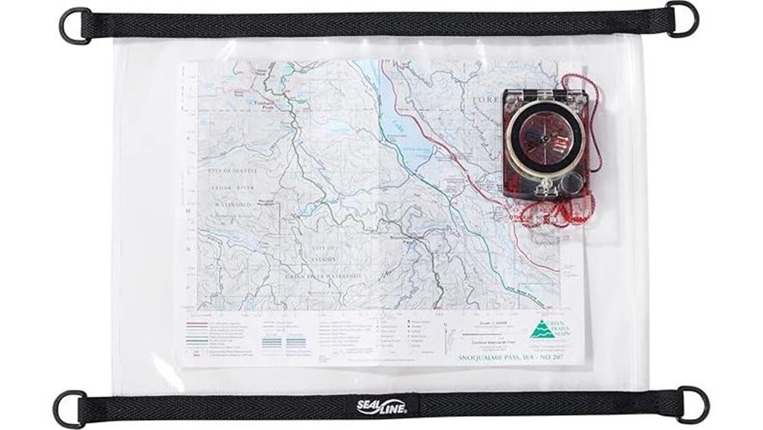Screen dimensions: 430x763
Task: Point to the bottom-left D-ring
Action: coord(69,408)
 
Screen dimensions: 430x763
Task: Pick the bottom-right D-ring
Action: coord(691,403)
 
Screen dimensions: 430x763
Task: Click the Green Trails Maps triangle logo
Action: coord(537,330)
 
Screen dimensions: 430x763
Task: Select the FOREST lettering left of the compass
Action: coord(486,100)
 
